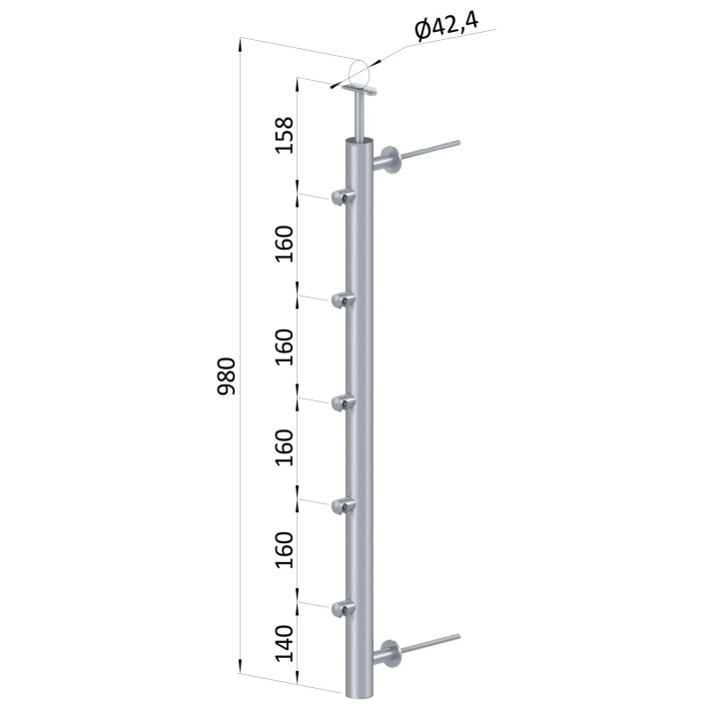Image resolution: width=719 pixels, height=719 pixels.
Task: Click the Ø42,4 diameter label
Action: click(446, 26)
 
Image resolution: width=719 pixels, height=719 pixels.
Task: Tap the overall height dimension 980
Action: click(226, 376)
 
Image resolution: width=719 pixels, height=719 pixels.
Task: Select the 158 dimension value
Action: click(284, 135)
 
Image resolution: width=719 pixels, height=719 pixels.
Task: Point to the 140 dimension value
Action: click(284, 643)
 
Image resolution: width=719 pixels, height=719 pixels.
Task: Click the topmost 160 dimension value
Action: click(284, 244)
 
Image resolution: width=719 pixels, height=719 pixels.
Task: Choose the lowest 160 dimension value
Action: click(284, 549)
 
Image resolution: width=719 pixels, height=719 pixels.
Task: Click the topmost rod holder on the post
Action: click(343, 197)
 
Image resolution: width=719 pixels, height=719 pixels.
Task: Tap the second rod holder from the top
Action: click(343, 300)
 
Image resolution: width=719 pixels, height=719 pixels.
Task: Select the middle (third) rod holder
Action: click(343, 402)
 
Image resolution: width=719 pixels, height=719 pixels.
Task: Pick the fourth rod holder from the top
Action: click(343, 505)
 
